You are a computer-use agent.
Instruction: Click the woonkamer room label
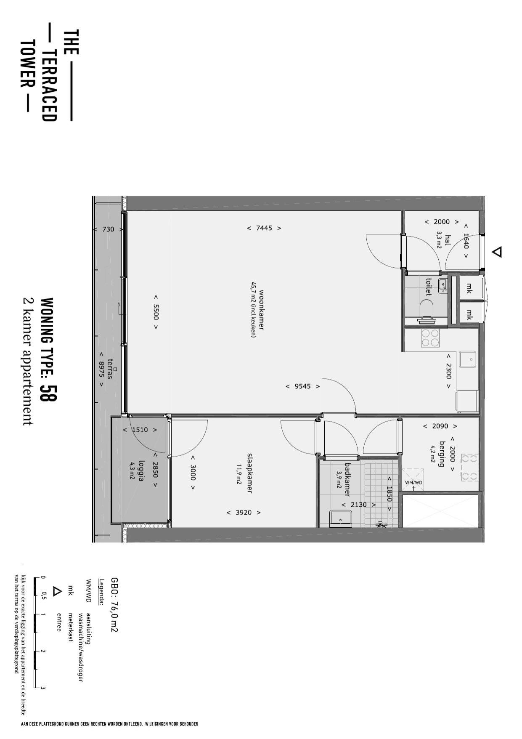(x=261, y=310)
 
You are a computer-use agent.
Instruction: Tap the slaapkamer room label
(x=249, y=473)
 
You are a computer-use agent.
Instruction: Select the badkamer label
(x=347, y=479)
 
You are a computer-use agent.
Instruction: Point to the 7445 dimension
(x=264, y=228)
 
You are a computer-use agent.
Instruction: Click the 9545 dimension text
(x=303, y=386)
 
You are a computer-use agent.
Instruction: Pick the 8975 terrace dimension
(x=101, y=369)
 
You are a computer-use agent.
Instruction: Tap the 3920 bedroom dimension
(x=244, y=513)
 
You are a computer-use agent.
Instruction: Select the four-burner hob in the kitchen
(x=430, y=338)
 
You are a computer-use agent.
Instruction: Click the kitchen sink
(x=468, y=359)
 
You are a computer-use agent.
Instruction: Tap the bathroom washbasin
(x=341, y=518)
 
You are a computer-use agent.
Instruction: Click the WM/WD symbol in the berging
(x=413, y=480)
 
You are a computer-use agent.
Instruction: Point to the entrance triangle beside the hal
(x=497, y=252)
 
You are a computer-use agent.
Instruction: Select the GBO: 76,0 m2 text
(x=114, y=604)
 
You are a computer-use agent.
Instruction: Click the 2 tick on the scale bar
(x=43, y=651)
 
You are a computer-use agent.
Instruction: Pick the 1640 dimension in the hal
(x=466, y=241)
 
